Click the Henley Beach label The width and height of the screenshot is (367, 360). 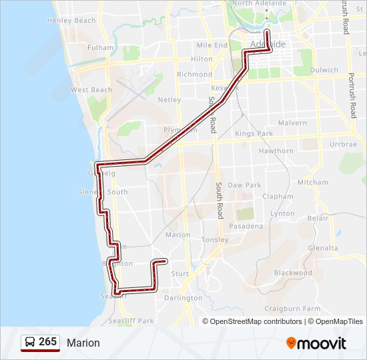click(x=71, y=21)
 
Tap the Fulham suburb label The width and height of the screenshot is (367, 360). click(x=100, y=48)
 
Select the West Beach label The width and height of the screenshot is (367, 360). click(x=91, y=89)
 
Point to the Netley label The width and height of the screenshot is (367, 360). click(x=169, y=99)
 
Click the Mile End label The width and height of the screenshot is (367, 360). click(x=212, y=45)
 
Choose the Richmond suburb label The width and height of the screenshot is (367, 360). click(x=195, y=75)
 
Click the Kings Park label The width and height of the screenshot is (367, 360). click(x=254, y=134)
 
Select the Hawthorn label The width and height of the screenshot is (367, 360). click(x=276, y=151)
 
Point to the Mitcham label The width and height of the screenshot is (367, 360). click(x=313, y=182)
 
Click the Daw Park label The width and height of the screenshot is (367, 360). click(x=244, y=185)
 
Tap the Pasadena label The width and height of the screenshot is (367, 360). click(x=245, y=226)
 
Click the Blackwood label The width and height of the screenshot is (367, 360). click(x=293, y=273)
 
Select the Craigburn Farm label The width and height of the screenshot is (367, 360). click(x=292, y=309)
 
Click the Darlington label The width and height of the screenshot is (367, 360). click(x=183, y=298)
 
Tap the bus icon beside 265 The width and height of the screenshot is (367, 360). click(x=30, y=342)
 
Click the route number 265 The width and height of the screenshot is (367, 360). click(x=47, y=342)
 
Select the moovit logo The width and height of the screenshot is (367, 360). click(x=316, y=343)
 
